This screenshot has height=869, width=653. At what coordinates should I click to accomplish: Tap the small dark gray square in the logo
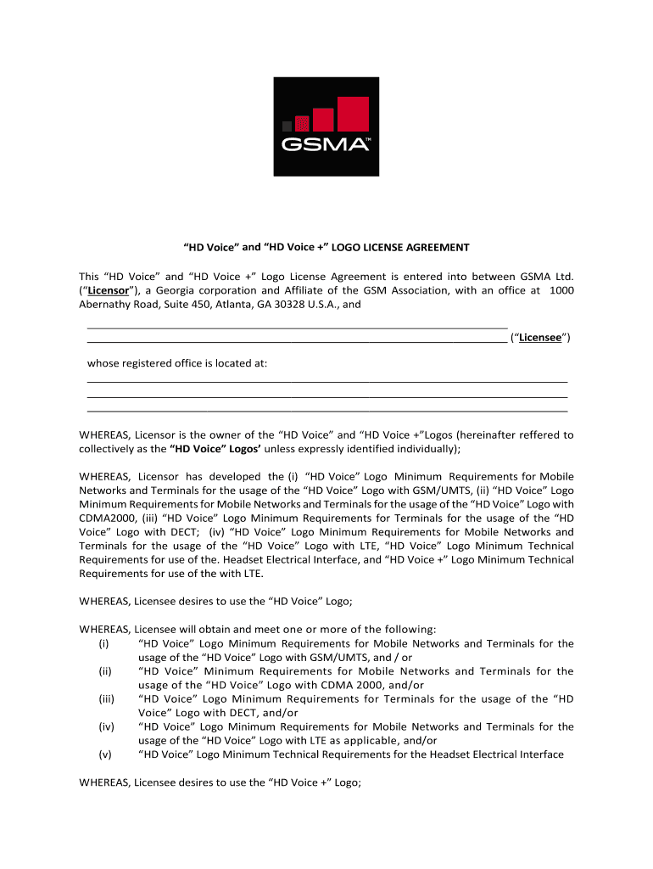pos(287,126)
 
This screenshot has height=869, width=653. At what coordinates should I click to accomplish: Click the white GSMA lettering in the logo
pos(326,145)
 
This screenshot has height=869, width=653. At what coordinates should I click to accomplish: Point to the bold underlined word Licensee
pos(541,337)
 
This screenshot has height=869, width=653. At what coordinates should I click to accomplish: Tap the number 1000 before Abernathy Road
pos(561,289)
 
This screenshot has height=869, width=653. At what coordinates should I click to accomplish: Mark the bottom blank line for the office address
pos(327,410)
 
